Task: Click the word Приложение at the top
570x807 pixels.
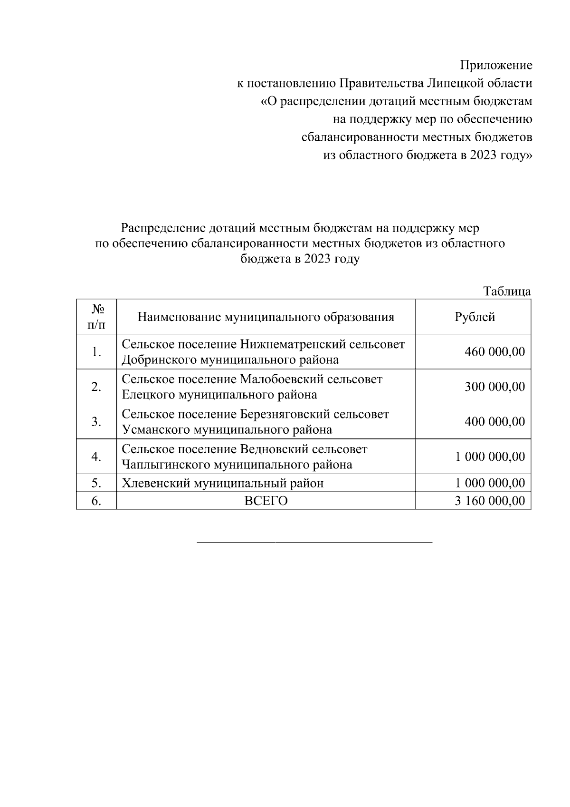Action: click(x=496, y=66)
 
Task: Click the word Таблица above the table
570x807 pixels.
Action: click(x=507, y=292)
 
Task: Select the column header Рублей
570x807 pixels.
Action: click(x=475, y=317)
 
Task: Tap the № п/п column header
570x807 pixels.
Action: click(x=96, y=317)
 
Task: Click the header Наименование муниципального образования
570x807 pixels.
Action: click(x=266, y=317)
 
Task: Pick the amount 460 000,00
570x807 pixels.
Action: click(x=495, y=352)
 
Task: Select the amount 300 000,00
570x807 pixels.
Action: click(x=495, y=387)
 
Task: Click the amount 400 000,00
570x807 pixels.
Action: click(x=495, y=422)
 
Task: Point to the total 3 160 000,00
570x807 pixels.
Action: click(x=490, y=501)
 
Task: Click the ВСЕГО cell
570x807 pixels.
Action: click(x=266, y=501)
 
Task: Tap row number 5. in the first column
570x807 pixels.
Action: click(x=96, y=483)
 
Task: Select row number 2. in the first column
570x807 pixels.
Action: click(x=96, y=387)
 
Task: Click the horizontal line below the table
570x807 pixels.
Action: click(x=314, y=542)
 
